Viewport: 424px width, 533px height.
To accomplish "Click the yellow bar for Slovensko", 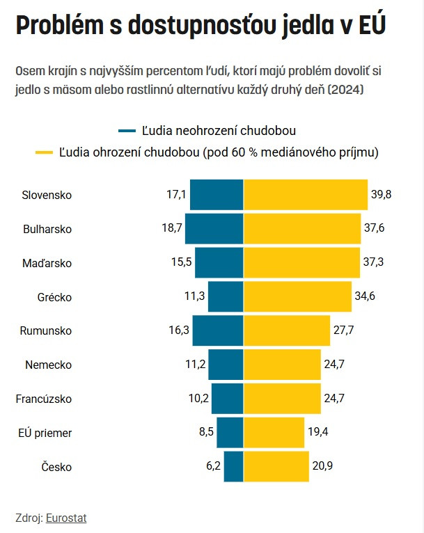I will pyautogui.click(x=306, y=195).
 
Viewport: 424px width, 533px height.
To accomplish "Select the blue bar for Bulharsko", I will pyautogui.click(x=214, y=228).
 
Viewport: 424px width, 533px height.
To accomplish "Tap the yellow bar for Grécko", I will pyautogui.click(x=298, y=297).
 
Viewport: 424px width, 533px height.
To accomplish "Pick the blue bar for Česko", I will pyautogui.click(x=234, y=467).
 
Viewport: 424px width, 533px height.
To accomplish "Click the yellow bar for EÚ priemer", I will pyautogui.click(x=274, y=433).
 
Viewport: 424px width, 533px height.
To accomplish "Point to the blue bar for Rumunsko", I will pyautogui.click(x=218, y=331).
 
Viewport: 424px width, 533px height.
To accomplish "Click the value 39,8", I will pyautogui.click(x=382, y=195).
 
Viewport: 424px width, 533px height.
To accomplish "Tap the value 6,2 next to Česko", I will pyautogui.click(x=213, y=467).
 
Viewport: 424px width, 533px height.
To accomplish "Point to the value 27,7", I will pyautogui.click(x=343, y=331).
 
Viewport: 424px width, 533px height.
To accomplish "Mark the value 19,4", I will pyautogui.click(x=317, y=433).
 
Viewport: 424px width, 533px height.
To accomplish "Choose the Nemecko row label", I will pyautogui.click(x=48, y=365).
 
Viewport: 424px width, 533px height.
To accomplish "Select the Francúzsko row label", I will pyautogui.click(x=44, y=399).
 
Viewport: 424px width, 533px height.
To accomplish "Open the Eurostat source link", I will pyautogui.click(x=66, y=518).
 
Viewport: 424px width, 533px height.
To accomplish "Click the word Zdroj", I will pyautogui.click(x=28, y=518).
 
